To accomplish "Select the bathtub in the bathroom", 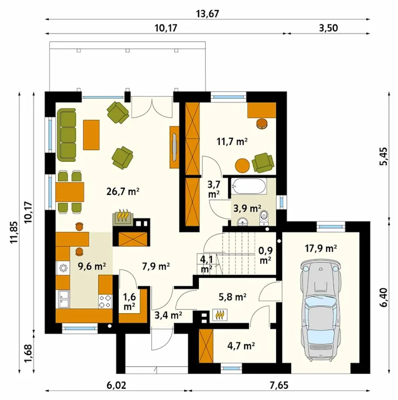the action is [249, 186].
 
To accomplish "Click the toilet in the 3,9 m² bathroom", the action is [264, 218].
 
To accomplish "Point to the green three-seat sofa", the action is [66, 135].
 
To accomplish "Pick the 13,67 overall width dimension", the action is [207, 14].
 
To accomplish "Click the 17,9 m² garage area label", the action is [321, 248].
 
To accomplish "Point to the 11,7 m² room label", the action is [232, 142].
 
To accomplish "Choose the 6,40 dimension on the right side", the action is [384, 297].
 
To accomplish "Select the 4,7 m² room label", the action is [241, 346].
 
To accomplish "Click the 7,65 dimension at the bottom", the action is [279, 385].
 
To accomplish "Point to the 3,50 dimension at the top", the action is [328, 28].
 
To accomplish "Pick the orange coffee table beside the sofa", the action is [91, 135].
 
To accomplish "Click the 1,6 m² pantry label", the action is [129, 302].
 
